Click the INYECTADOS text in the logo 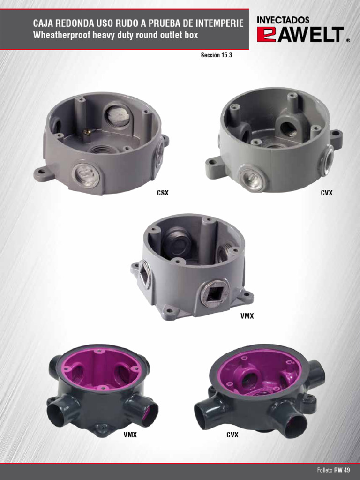[283, 20]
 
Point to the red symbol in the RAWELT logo [266, 34]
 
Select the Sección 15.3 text [217, 55]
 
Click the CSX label [163, 193]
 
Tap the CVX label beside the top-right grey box [327, 193]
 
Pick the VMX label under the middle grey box [247, 316]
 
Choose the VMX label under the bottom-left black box [130, 435]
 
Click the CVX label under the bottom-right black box [232, 435]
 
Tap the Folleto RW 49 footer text [334, 470]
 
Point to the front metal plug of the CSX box [86, 175]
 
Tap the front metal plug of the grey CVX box [252, 178]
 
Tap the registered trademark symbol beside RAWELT [347, 41]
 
